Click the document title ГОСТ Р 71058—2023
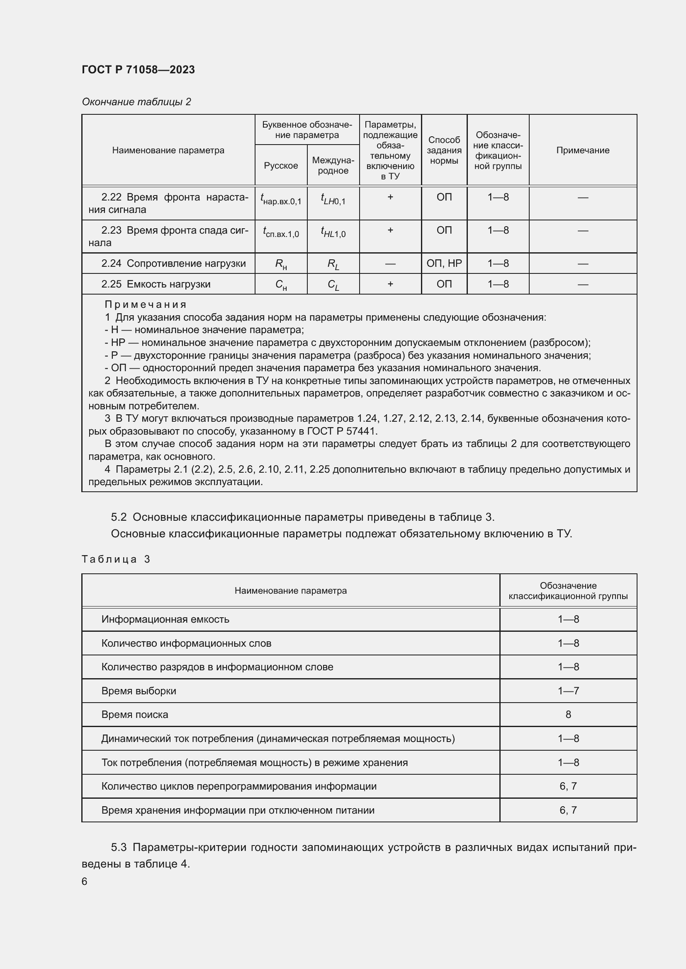pyautogui.click(x=138, y=70)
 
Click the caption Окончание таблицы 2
pyautogui.click(x=136, y=102)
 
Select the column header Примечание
pyautogui.click(x=582, y=150)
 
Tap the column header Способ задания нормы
pyautogui.click(x=444, y=150)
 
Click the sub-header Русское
pyautogui.click(x=281, y=165)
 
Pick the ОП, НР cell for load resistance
pyautogui.click(x=444, y=263)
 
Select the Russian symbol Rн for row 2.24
pyautogui.click(x=281, y=264)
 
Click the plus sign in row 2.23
pyautogui.click(x=390, y=230)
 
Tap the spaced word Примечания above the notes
pyautogui.click(x=145, y=304)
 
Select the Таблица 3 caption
pyautogui.click(x=116, y=559)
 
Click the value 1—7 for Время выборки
pyautogui.click(x=568, y=691)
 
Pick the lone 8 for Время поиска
pyautogui.click(x=568, y=715)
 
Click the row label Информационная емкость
pyautogui.click(x=165, y=619)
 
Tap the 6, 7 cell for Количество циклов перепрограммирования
pyautogui.click(x=568, y=786)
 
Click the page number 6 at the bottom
pyautogui.click(x=85, y=881)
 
